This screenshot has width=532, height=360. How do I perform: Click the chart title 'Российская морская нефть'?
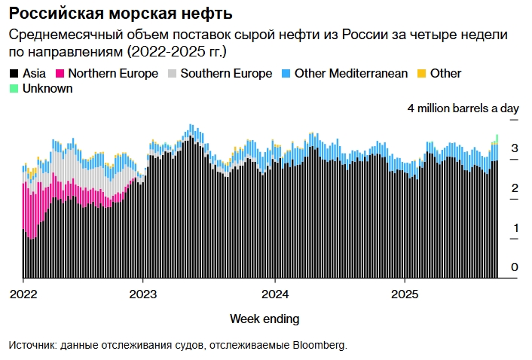click(x=121, y=14)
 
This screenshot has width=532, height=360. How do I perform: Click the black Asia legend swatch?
click(x=14, y=74)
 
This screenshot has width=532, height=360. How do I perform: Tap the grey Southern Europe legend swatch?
click(x=173, y=74)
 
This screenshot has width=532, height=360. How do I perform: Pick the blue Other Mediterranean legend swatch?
click(x=286, y=74)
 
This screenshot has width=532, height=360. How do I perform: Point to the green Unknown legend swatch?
click(x=14, y=89)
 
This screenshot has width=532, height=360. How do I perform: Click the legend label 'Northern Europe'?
click(x=113, y=74)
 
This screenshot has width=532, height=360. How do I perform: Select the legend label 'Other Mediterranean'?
click(x=351, y=74)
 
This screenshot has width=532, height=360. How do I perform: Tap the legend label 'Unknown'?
click(x=47, y=89)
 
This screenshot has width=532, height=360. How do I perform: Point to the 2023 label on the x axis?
click(x=143, y=293)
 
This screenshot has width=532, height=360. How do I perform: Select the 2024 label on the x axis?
click(x=274, y=293)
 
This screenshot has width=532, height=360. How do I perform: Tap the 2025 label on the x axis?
click(x=405, y=293)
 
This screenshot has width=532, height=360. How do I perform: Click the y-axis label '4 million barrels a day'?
click(x=463, y=108)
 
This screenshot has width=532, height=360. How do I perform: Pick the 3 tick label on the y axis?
click(x=514, y=148)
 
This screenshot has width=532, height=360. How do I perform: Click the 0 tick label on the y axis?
click(x=514, y=267)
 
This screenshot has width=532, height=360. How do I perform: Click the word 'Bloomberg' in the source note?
click(x=319, y=345)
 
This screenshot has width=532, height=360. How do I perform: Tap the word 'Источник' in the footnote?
click(x=32, y=345)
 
